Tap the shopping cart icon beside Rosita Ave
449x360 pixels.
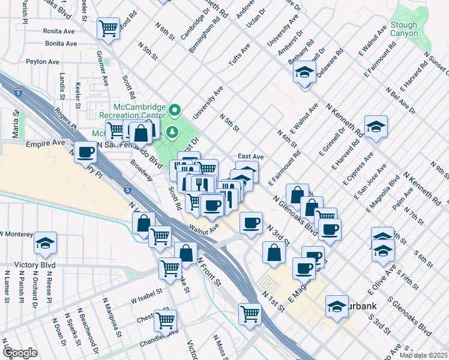109,28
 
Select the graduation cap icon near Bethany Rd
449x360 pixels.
305,73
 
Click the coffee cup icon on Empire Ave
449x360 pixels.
85,153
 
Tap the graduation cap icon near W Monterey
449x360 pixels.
45,243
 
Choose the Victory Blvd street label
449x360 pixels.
23,265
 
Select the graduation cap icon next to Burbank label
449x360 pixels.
337,306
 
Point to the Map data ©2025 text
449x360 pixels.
423,355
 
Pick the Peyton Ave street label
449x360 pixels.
43,62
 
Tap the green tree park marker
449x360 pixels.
173,131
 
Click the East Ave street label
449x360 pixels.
251,155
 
